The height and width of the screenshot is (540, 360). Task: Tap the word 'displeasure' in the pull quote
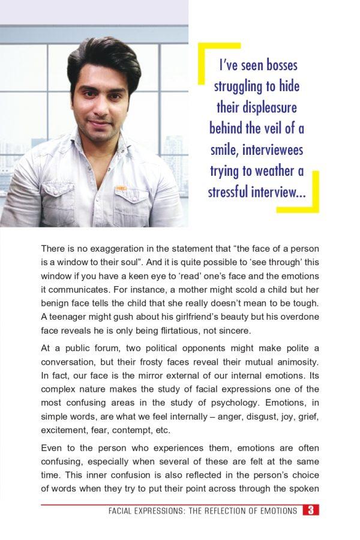click(257, 107)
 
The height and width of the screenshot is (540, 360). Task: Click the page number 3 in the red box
click(310, 511)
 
